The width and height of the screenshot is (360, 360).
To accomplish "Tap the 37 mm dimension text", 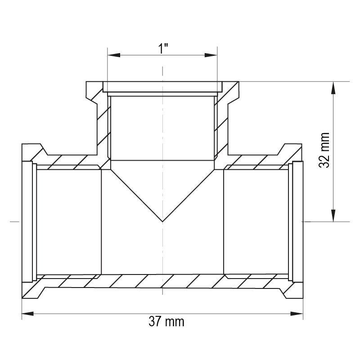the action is pos(166,322).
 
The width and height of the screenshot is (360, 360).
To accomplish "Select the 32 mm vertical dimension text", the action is pos(324,150).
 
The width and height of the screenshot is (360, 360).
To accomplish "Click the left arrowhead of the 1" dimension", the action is pos(114,55).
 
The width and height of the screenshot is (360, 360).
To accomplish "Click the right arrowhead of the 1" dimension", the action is pos(211,55).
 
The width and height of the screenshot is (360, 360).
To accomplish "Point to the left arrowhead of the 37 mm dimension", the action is pos(28,314).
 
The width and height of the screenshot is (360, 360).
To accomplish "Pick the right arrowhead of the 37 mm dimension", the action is pos(297,314).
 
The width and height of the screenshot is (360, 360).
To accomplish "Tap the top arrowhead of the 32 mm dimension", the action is pos(333,88).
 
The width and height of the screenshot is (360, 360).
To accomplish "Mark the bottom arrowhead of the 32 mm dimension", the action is pos(333,216).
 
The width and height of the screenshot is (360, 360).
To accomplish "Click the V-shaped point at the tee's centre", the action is pos(162,221).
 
